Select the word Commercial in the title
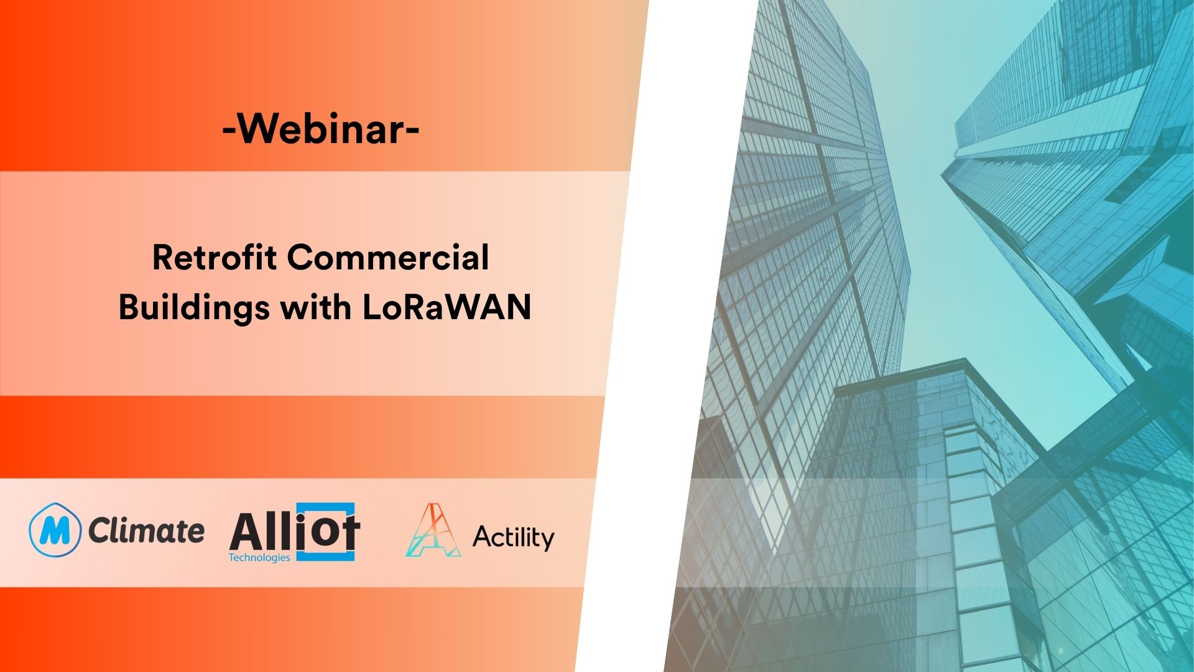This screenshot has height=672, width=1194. [x=388, y=258]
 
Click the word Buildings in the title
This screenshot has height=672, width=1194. [x=193, y=307]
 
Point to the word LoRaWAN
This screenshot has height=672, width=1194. [x=446, y=307]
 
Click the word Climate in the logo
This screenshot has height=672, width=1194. [x=146, y=531]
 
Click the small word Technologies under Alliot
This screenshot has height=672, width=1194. [x=259, y=558]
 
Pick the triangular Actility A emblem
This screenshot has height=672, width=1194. [x=432, y=531]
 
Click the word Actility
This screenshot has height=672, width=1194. [x=513, y=537]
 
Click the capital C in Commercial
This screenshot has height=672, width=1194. [x=300, y=258]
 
